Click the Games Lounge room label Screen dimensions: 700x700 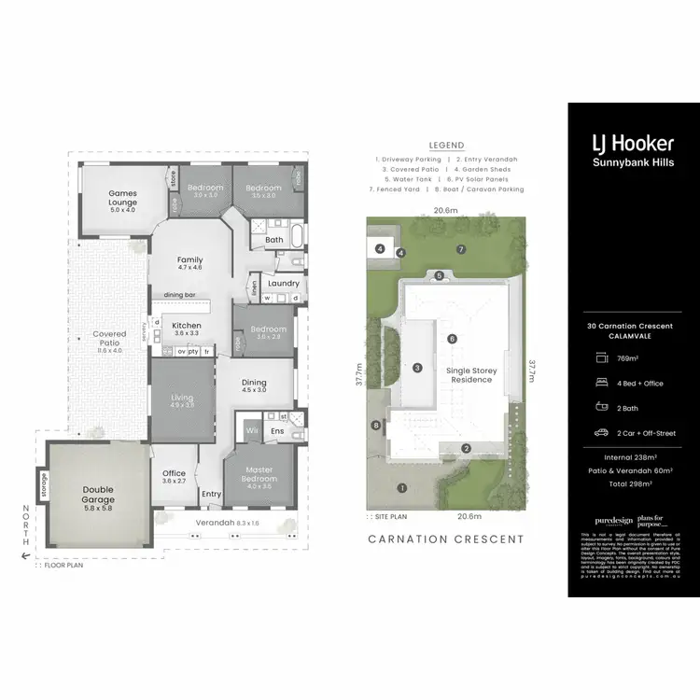[122, 198]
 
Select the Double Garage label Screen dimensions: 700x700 [98, 496]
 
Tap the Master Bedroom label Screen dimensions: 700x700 [259, 474]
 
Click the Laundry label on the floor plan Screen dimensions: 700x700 [283, 284]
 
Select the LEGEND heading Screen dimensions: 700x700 [446, 146]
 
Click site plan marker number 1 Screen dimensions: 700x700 [402, 487]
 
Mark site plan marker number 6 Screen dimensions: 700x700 [452, 339]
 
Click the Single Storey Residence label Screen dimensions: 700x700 [474, 375]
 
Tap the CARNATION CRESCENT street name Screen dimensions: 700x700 [446, 539]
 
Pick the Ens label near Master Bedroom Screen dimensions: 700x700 [277, 432]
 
